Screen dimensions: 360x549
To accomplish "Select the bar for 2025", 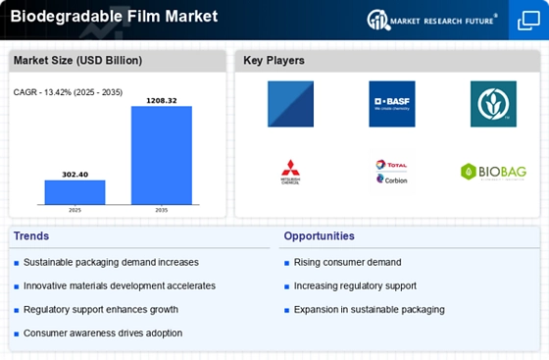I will tap(75, 192).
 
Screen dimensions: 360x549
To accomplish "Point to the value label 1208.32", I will tap(162, 99).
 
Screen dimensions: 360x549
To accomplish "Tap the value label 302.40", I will tap(75, 174).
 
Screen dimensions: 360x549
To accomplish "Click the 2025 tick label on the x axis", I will tap(75, 210).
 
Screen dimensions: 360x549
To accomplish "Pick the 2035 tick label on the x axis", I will tap(162, 210).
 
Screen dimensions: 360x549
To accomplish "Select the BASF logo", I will tap(392, 104).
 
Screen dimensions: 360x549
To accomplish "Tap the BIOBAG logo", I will tap(493, 173).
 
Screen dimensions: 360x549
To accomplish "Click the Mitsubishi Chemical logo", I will tap(290, 173).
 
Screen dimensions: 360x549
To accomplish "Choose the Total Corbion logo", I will tap(391, 173).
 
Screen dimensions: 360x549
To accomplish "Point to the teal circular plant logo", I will tap(493, 104).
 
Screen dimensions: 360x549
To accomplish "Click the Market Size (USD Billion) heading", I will tap(77, 61).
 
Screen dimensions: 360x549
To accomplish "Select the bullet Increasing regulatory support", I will tap(355, 285).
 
